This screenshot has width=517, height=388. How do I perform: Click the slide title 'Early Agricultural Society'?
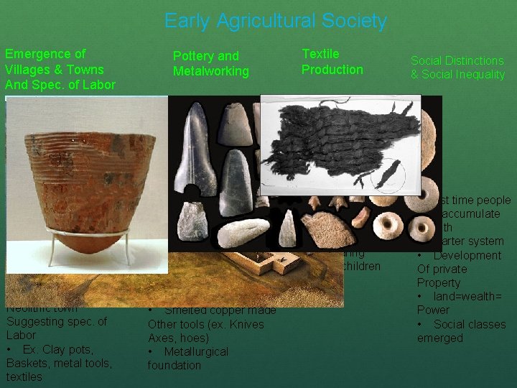coord(275,22)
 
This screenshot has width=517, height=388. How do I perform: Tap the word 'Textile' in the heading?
coord(320,54)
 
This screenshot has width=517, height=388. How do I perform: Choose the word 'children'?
coord(363,267)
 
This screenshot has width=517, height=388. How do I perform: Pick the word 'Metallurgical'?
coord(196,351)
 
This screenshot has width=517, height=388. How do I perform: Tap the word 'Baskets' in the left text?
coord(24,363)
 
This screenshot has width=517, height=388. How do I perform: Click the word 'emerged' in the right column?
coord(439,338)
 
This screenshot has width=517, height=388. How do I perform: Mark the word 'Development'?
coord(467,256)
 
